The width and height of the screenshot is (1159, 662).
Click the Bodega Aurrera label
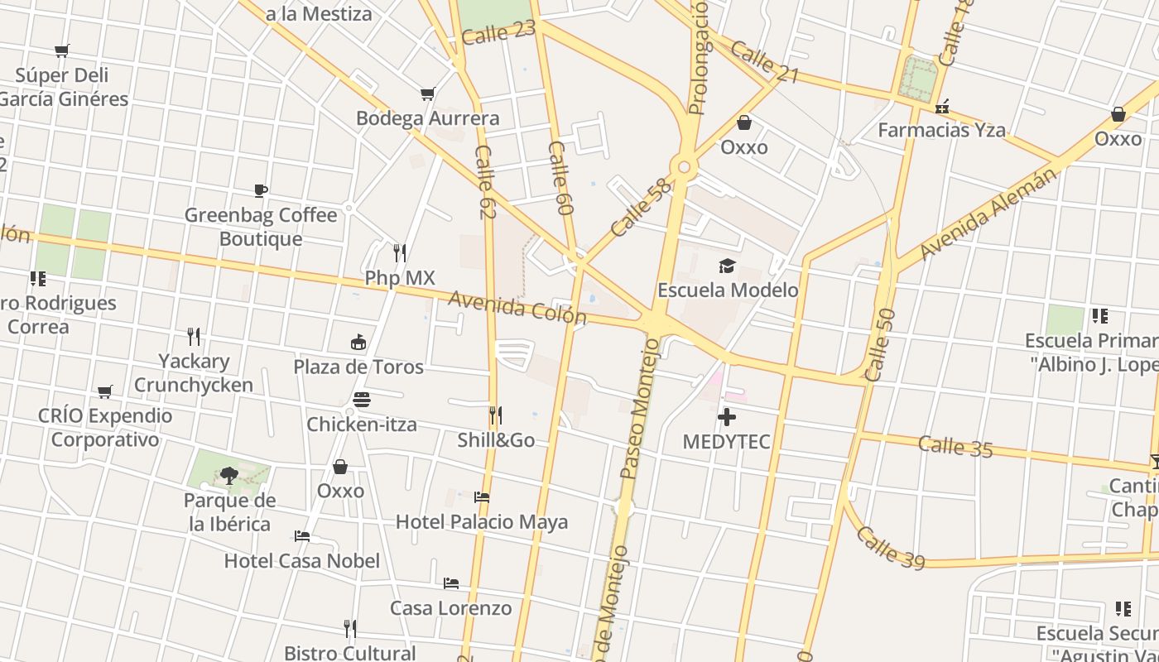pos(427,118)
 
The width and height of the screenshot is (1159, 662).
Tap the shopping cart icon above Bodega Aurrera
pos(427,94)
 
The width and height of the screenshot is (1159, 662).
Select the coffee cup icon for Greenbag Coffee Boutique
pos(261,191)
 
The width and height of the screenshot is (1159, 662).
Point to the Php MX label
pos(400,277)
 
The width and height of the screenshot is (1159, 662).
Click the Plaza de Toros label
pos(358,367)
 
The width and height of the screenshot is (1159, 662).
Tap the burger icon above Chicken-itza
pos(361,400)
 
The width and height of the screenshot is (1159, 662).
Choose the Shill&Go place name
pos(496,439)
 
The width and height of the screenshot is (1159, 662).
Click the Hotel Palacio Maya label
pos(482,522)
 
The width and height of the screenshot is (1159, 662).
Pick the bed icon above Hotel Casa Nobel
pos(302,536)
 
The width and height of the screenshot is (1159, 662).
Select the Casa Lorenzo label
pos(451,608)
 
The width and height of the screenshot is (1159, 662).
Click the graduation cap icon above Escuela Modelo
pos(727,266)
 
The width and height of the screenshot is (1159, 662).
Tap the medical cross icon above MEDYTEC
pos(727,417)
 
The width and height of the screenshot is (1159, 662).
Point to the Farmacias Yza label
pos(941,130)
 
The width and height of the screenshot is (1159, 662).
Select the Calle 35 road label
pos(955,446)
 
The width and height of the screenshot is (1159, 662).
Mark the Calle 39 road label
pos(890,547)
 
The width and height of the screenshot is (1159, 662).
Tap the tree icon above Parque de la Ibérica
pos(229,476)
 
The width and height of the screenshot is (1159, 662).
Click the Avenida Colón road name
pos(517,308)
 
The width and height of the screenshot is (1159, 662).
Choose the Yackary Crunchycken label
pos(194,373)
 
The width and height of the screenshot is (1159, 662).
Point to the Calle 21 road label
pos(764,64)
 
